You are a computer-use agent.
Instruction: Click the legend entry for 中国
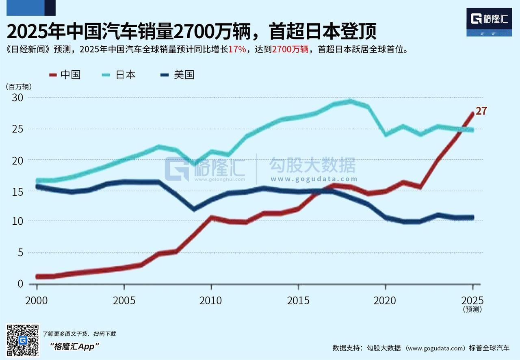click(x=65, y=75)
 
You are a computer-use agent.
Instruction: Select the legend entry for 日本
click(x=120, y=75)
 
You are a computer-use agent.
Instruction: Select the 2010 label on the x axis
click(x=211, y=301)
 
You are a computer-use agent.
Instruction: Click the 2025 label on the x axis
click(x=472, y=301)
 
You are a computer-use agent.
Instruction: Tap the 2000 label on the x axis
click(x=37, y=301)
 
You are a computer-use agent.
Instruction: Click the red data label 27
click(x=481, y=111)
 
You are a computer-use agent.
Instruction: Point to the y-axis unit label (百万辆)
click(x=18, y=87)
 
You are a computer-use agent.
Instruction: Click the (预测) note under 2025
click(x=472, y=310)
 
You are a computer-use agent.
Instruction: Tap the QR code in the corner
click(x=23, y=340)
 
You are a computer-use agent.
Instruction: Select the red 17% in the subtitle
click(x=237, y=50)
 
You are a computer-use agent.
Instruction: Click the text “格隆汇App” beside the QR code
click(x=74, y=346)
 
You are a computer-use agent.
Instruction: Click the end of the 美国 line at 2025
click(x=472, y=218)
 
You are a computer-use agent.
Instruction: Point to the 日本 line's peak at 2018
click(x=350, y=101)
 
